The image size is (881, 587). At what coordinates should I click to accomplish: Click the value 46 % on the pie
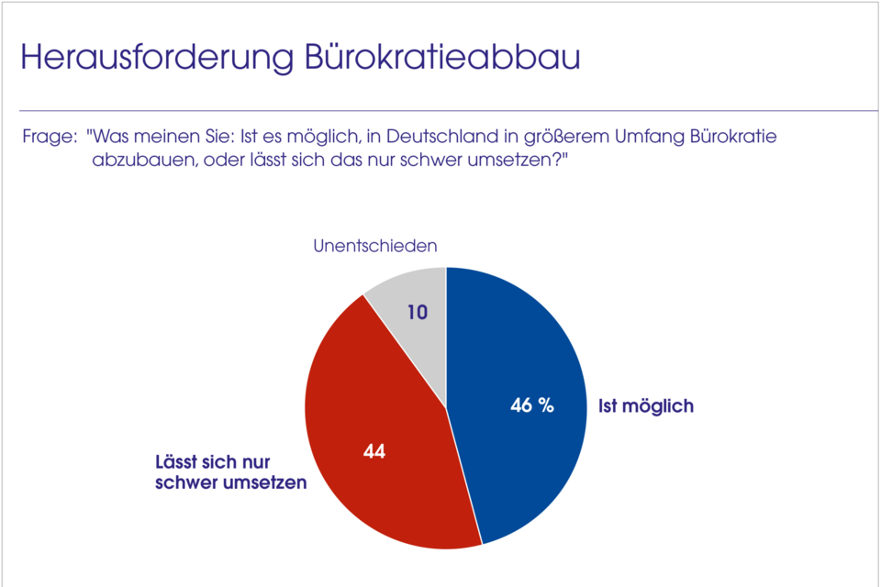click(532, 405)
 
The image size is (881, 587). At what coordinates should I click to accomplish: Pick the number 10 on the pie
click(418, 312)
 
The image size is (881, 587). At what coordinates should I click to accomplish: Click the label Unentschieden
click(374, 246)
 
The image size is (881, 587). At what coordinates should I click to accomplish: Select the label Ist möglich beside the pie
click(646, 405)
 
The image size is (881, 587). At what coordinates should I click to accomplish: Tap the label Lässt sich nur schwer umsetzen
click(229, 473)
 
